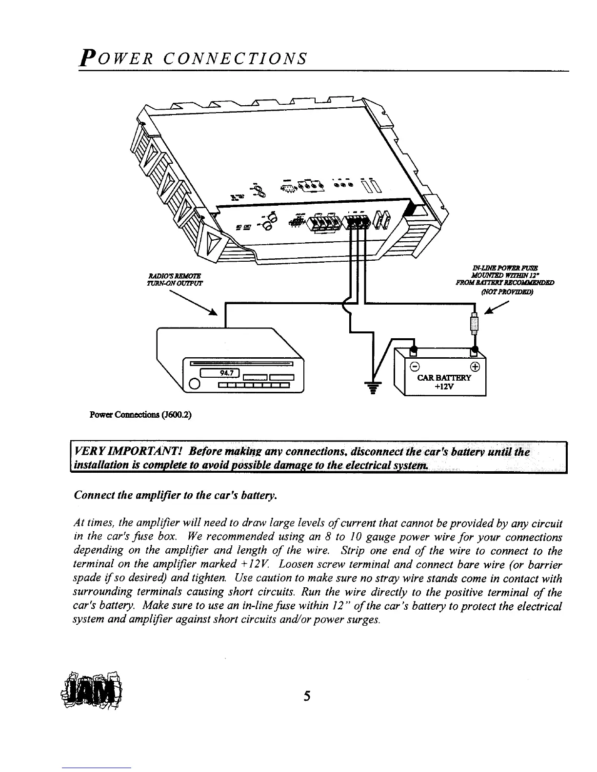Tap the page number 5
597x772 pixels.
pos(307,695)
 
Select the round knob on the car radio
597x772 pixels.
pos(194,384)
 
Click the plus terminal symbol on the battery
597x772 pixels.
pos(476,367)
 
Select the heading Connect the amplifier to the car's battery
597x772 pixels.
pos(176,496)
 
